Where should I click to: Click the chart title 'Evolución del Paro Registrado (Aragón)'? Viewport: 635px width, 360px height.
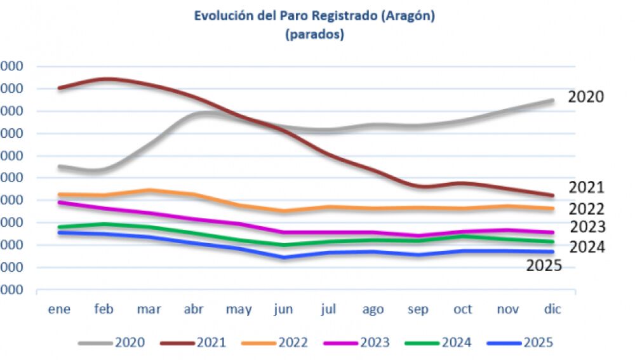coord(314,17)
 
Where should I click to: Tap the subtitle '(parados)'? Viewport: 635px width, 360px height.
coord(314,35)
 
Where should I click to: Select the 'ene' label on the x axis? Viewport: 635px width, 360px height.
coord(59,309)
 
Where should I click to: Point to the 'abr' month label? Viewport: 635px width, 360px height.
coord(194,309)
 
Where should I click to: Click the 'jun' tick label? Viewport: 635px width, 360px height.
coord(283,310)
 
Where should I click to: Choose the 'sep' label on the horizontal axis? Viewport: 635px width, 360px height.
coord(418,310)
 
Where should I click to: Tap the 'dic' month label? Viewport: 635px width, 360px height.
coord(552,309)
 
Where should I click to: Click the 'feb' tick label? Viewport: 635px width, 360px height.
coord(104,309)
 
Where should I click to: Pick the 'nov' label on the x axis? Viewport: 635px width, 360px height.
coord(508,309)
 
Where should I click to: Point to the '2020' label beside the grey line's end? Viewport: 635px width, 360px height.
coord(585,97)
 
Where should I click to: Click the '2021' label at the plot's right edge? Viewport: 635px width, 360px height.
coord(586,187)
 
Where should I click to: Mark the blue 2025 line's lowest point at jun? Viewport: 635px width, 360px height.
coord(284,257)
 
